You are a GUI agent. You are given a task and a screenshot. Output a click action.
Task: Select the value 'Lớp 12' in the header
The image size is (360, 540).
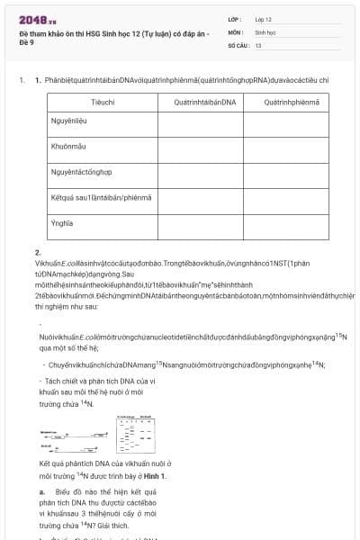coord(263,19)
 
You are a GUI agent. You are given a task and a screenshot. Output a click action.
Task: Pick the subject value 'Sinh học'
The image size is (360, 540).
coord(265,31)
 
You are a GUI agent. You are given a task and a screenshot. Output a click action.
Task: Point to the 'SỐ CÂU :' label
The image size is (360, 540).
coord(238,44)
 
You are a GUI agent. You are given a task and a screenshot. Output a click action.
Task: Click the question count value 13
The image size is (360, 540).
coord(258,44)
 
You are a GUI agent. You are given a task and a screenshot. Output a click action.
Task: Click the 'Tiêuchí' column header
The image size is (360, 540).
coord(103,103)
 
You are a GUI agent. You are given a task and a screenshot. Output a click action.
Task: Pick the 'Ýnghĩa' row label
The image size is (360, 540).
coord(62,223)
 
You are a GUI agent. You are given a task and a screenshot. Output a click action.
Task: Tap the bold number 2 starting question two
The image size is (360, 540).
coord(38,253)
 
